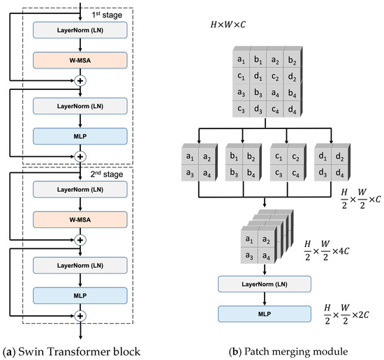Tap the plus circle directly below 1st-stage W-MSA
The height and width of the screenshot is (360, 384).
pyautogui.click(x=81, y=81)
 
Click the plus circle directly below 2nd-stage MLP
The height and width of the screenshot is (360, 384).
pyautogui.click(x=81, y=317)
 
